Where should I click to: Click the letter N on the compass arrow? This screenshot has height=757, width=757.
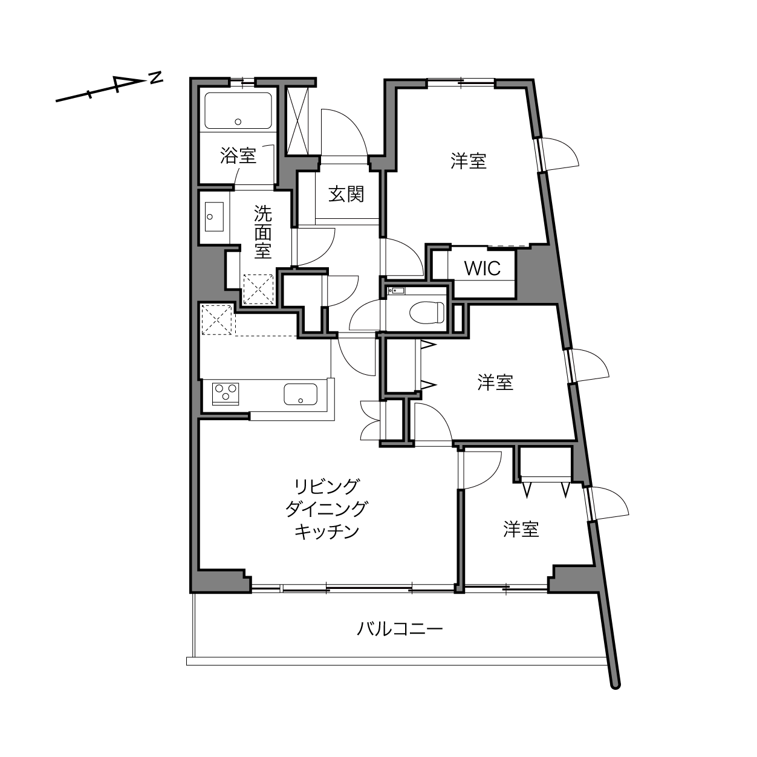pos(157,77)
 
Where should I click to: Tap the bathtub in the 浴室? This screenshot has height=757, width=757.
pos(238,111)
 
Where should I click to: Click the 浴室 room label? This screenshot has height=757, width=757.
pos(238,155)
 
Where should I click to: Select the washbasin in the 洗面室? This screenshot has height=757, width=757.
pos(214,217)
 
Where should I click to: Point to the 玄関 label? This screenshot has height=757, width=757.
pos(346,194)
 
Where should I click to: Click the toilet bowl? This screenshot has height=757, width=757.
pos(427,313)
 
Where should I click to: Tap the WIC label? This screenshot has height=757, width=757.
pos(482,268)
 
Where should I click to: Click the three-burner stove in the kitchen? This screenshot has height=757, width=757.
pos(226,394)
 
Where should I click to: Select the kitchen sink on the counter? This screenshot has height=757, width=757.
pos(301,394)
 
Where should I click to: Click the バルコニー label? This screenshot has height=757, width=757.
pos(400,629)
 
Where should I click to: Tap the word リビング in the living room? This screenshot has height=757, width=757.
pos(327,487)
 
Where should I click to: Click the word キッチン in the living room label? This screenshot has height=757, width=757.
pos(327,531)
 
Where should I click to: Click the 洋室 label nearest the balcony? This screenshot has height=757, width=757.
pos(521,529)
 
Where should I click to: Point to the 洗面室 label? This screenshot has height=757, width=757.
pos(263,232)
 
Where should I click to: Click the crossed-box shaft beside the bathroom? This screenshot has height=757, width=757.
pos(297,120)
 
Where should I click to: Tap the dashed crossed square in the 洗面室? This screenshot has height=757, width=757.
pos(258,289)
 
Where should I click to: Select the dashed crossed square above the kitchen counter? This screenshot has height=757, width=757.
pos(216,320)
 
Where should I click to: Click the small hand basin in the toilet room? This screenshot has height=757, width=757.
pos(397,291)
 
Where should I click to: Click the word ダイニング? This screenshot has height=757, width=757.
pos(327,509)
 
